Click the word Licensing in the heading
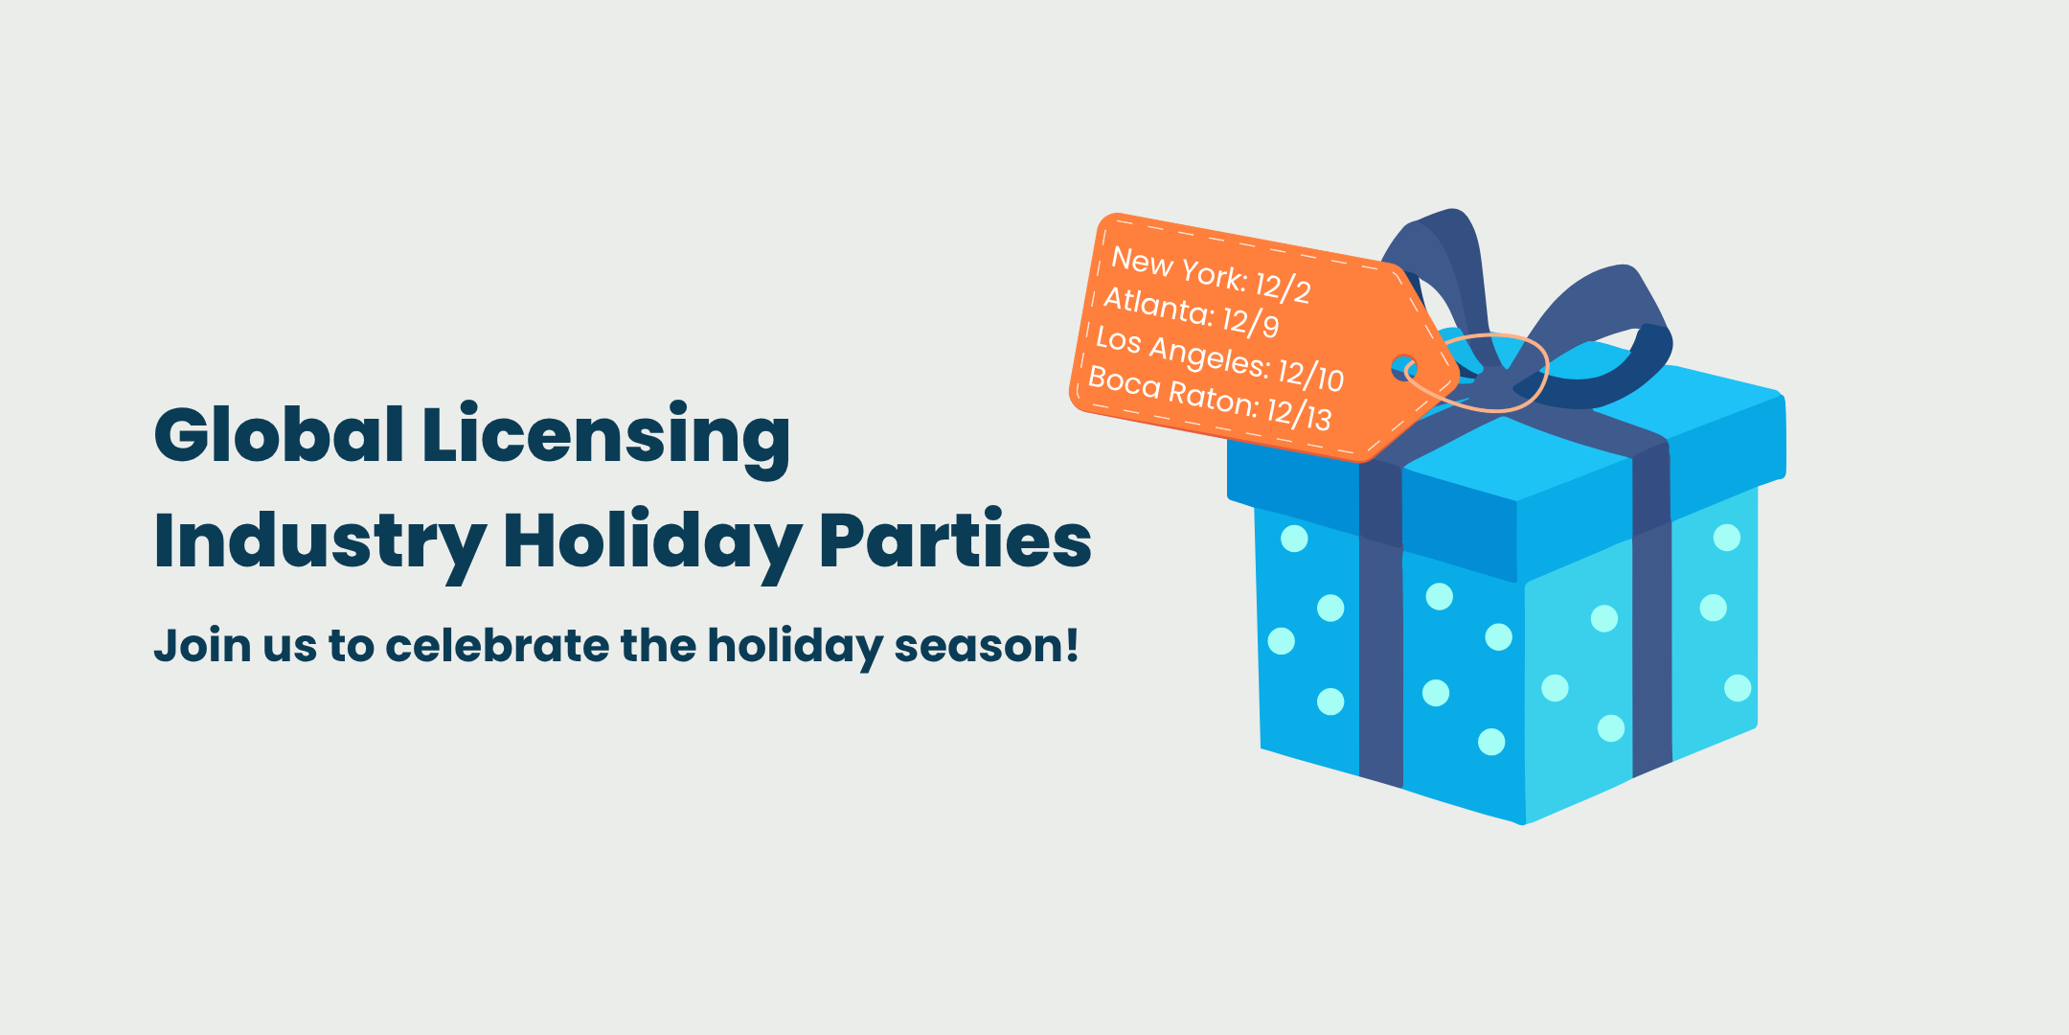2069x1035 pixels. [x=606, y=440]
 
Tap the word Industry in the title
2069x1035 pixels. [x=319, y=544]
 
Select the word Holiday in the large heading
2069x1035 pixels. [x=651, y=544]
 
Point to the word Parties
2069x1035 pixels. [x=955, y=540]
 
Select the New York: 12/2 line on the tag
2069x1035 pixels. [x=1211, y=274]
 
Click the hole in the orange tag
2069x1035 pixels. [x=1403, y=367]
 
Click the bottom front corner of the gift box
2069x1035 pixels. [x=1523, y=823]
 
